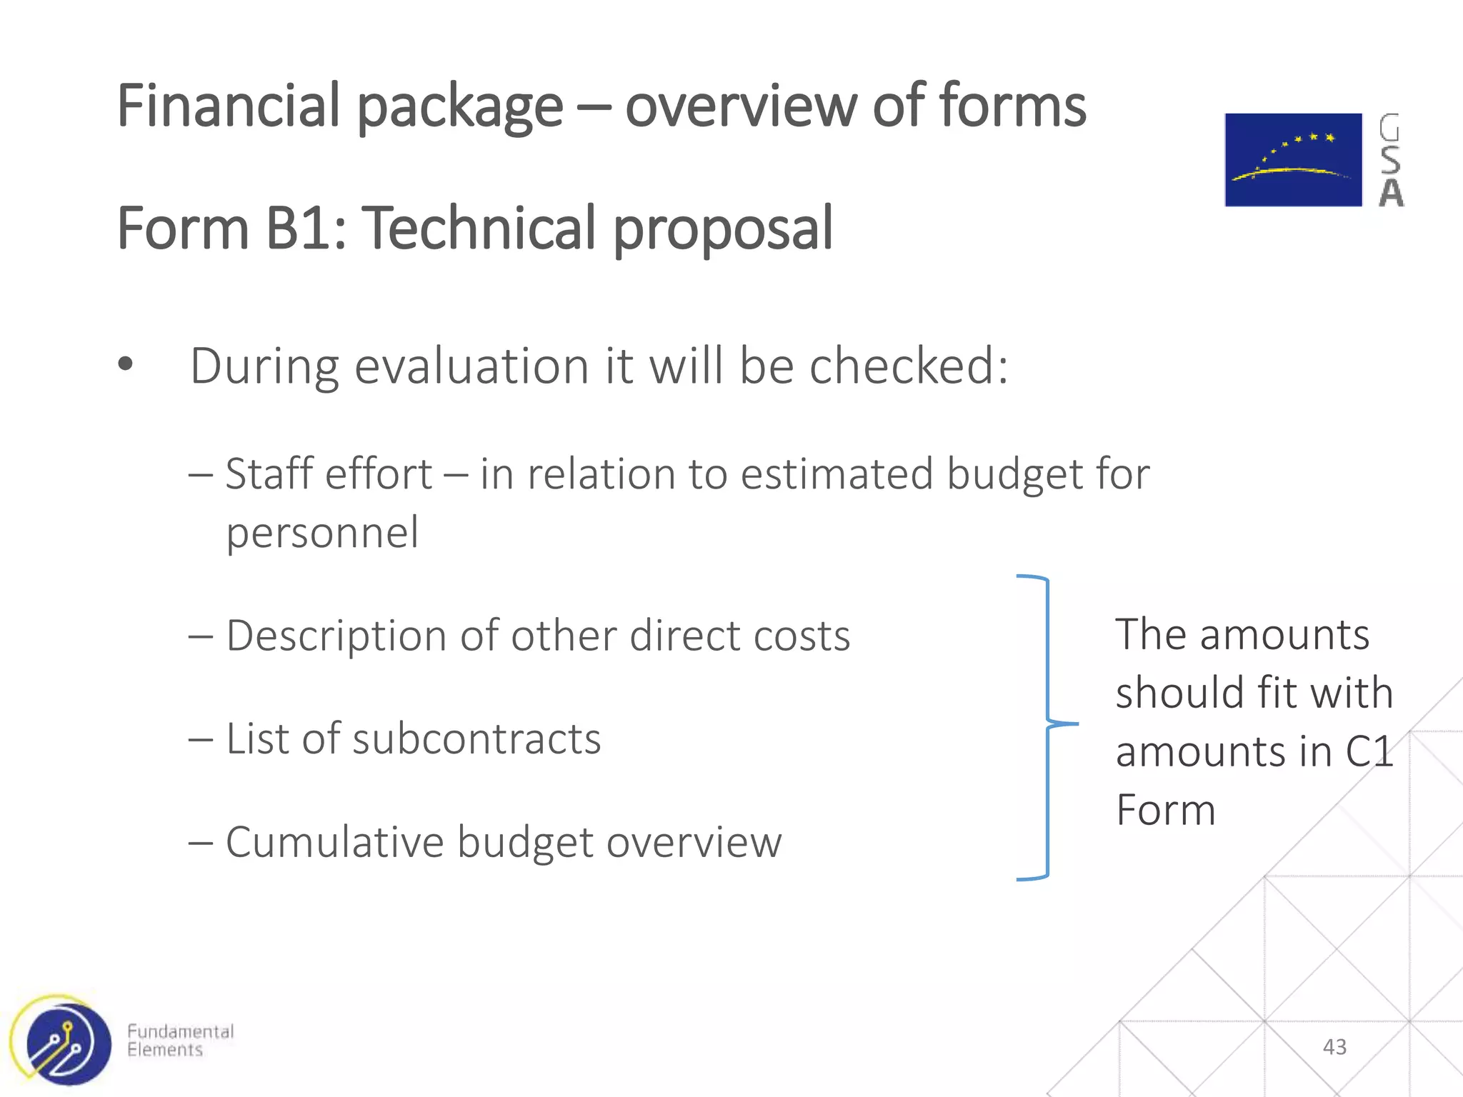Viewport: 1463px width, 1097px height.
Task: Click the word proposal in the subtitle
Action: pyautogui.click(x=723, y=230)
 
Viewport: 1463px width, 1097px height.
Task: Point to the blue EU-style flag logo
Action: pyautogui.click(x=1293, y=160)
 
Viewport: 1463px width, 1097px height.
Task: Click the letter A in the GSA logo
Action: pyautogui.click(x=1391, y=193)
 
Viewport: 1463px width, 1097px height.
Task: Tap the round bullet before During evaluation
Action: pyautogui.click(x=126, y=365)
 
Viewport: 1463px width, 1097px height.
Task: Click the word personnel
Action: pyautogui.click(x=322, y=533)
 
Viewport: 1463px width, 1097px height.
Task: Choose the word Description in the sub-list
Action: pyautogui.click(x=336, y=636)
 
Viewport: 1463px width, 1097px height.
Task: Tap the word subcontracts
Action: pyautogui.click(x=476, y=738)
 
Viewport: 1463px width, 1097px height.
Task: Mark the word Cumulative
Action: pyautogui.click(x=334, y=842)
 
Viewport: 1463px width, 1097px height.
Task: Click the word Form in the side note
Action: pyautogui.click(x=1166, y=811)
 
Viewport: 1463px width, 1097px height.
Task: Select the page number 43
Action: pyautogui.click(x=1334, y=1047)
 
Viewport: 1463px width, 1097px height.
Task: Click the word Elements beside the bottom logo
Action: pyautogui.click(x=165, y=1050)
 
